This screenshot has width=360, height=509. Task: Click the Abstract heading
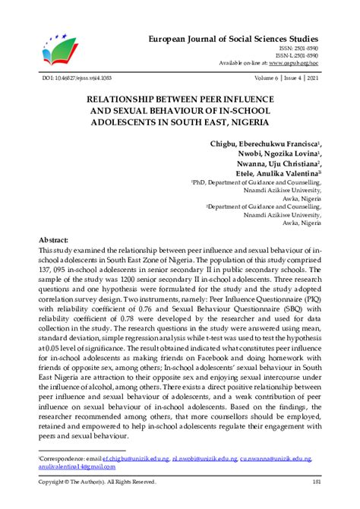click(58, 239)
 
